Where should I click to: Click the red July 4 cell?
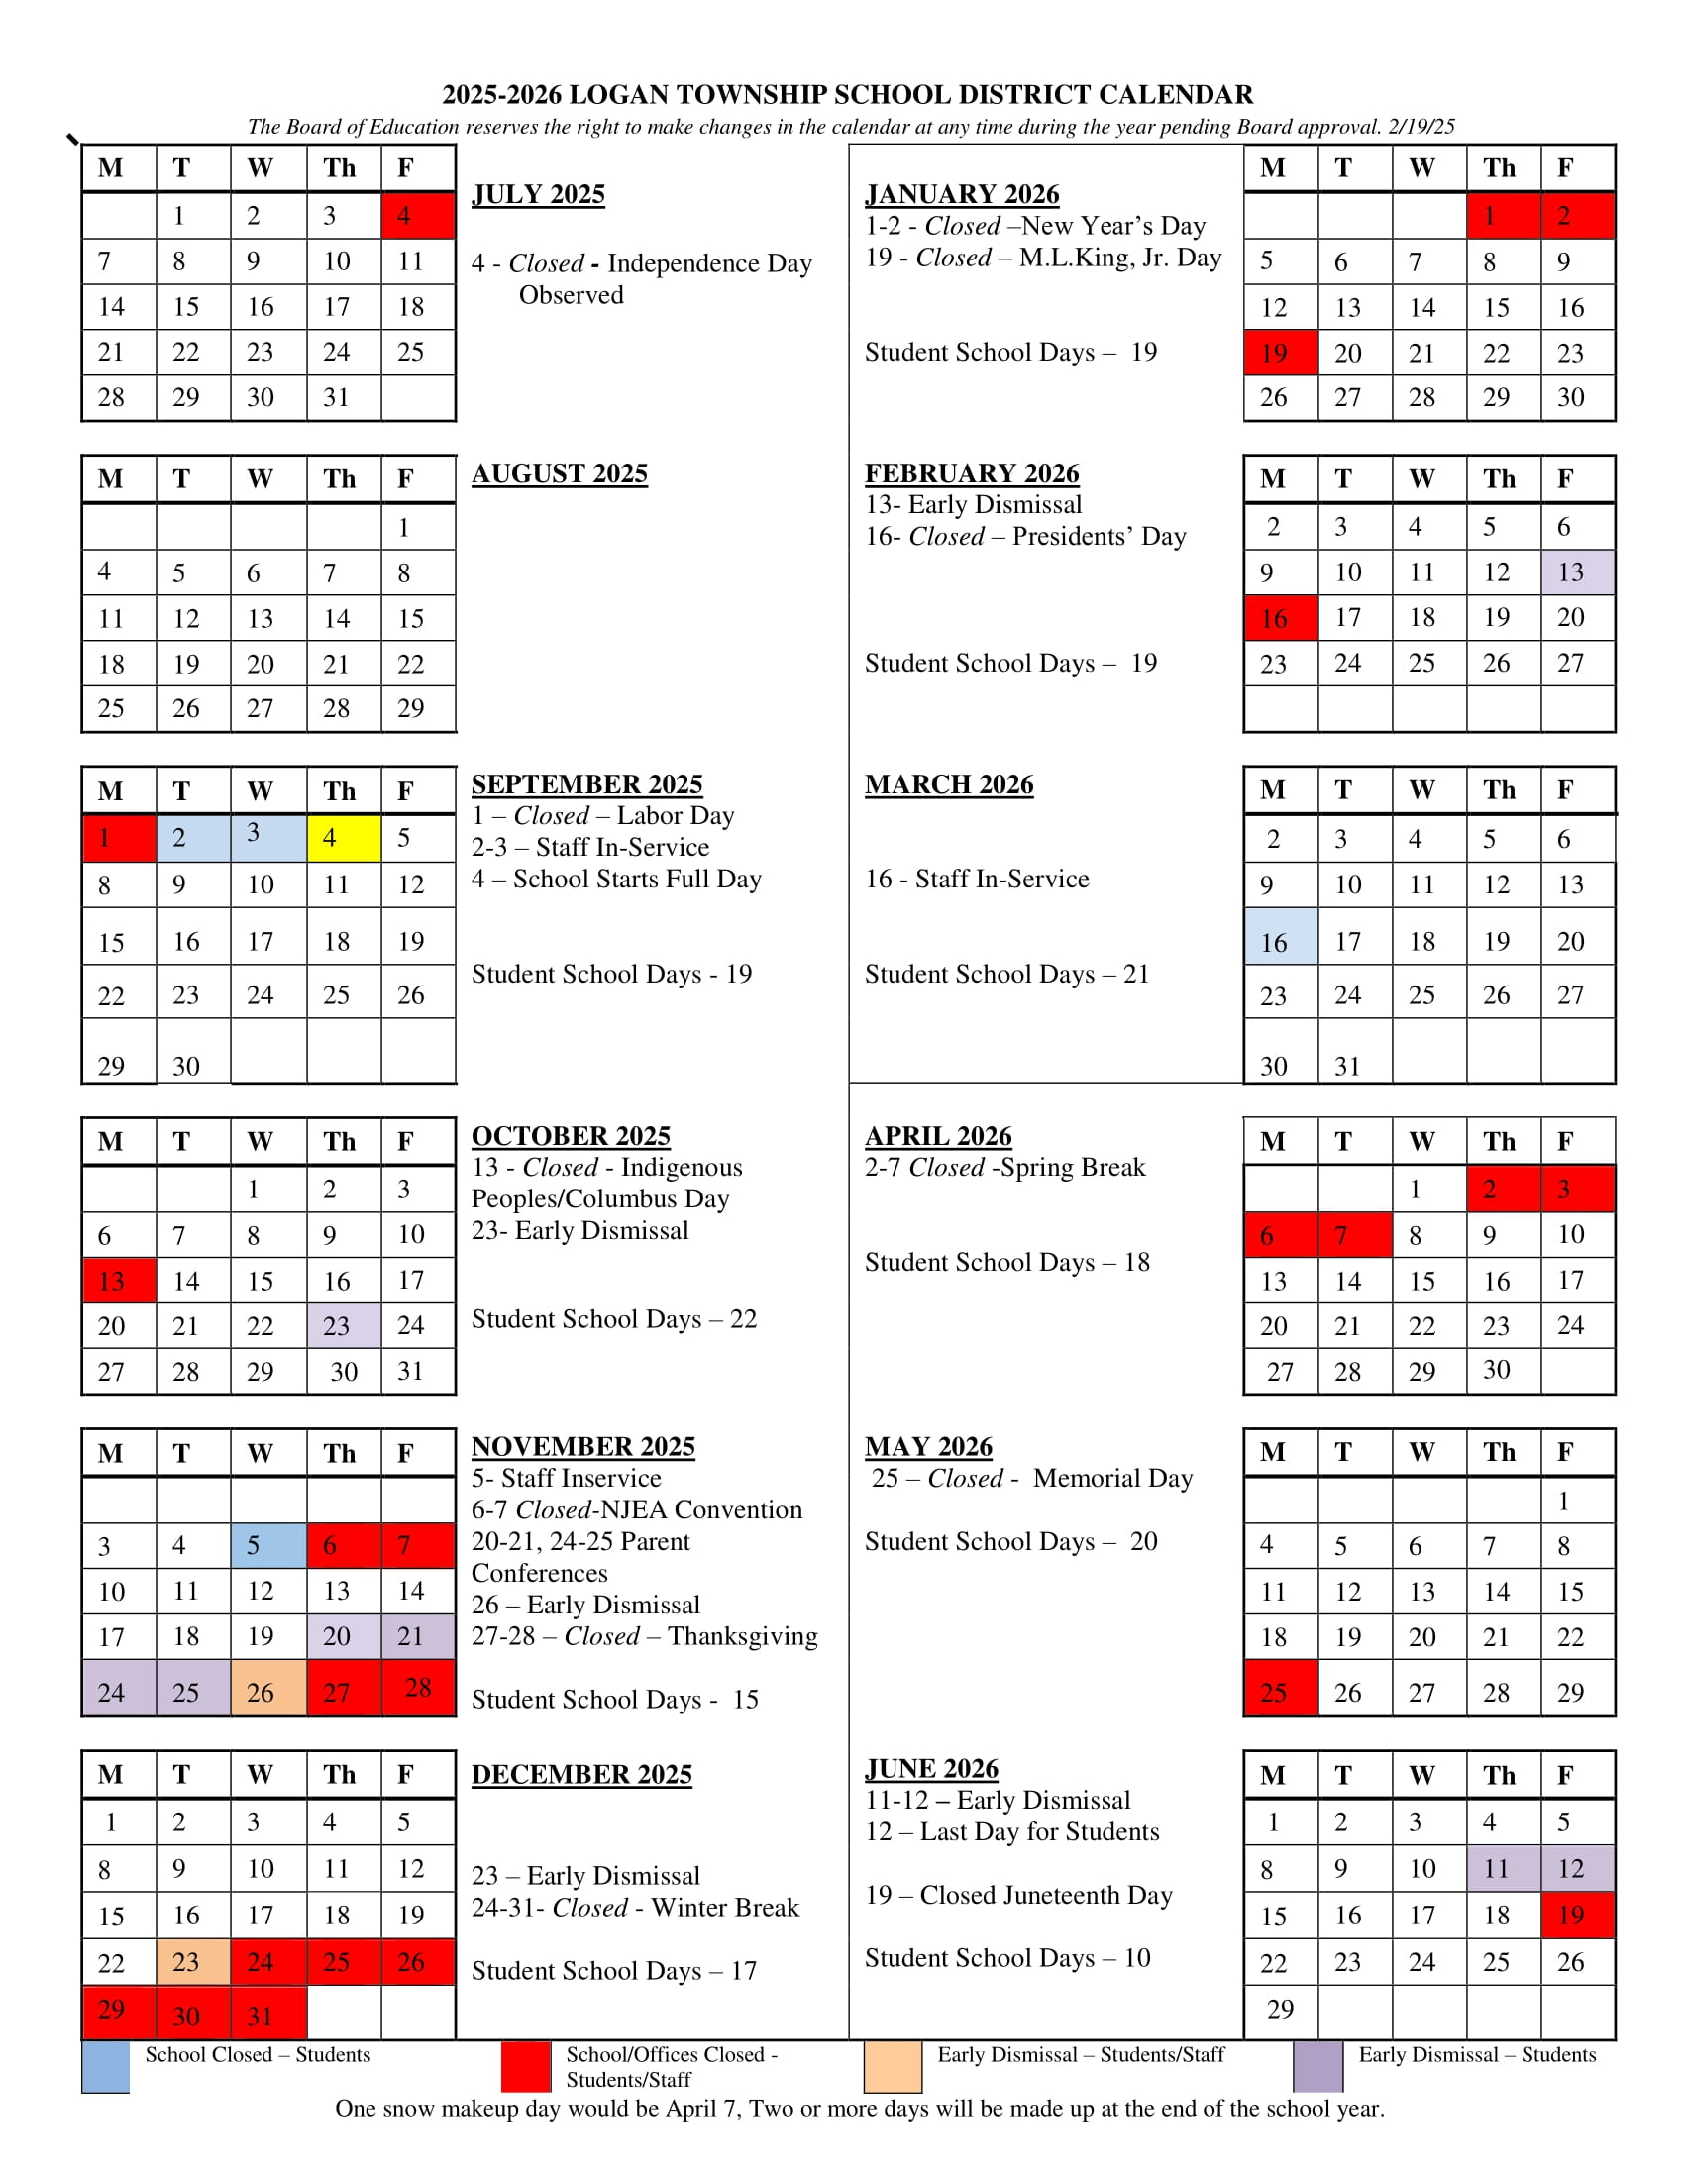tap(418, 216)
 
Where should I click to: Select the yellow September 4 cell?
tap(343, 837)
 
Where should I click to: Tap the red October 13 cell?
tap(119, 1281)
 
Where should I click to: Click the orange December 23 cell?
tap(193, 1961)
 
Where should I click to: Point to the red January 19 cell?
tap(1280, 353)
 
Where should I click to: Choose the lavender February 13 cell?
tap(1577, 571)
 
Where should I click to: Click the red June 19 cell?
tap(1577, 1915)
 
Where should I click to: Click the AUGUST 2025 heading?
tap(559, 473)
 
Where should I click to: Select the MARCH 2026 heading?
tap(948, 785)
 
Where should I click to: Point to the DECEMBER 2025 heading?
tap(580, 1775)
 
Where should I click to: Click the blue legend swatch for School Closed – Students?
tap(105, 2067)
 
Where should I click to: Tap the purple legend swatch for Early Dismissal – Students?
tap(1316, 2067)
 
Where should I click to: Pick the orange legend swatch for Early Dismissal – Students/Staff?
tap(892, 2067)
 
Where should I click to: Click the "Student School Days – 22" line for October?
tap(613, 1319)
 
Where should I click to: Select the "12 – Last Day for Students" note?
tap(1011, 1831)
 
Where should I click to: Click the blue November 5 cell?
tap(268, 1545)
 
